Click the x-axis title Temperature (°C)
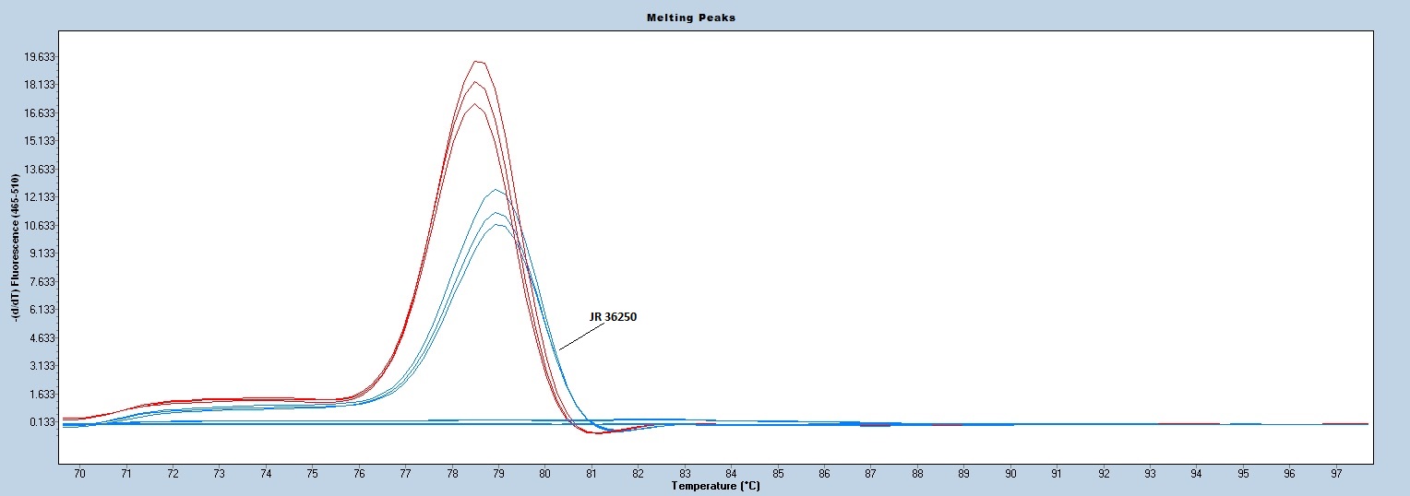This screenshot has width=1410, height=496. (715, 486)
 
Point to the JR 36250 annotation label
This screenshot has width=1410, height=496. (613, 317)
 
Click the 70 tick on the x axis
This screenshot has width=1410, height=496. (79, 474)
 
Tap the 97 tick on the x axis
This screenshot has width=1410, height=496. (1336, 474)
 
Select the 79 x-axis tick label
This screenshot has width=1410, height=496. (498, 474)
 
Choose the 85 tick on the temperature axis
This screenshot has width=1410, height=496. (778, 474)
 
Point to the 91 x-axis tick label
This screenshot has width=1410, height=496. (1057, 474)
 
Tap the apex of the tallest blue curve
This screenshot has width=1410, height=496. (496, 190)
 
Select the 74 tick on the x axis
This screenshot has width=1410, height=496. (266, 474)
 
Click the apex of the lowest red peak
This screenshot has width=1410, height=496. (476, 103)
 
